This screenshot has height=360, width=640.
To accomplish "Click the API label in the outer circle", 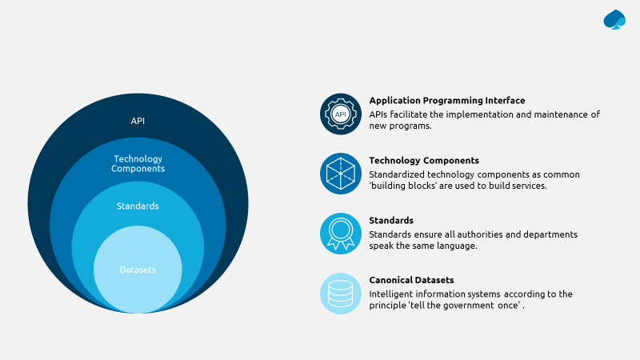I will tap(138, 121).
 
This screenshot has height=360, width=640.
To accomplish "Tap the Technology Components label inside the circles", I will tap(138, 164).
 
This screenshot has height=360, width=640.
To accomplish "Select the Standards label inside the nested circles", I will tap(138, 206).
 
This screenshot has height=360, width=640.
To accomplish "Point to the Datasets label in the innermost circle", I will tap(138, 270).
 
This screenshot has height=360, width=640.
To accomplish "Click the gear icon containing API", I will tap(341, 114).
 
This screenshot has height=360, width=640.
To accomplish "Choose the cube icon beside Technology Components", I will tap(341, 173).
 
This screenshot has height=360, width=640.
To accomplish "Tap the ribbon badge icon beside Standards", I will tap(341, 233).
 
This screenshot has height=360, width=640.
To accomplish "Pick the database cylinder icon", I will tap(341, 293).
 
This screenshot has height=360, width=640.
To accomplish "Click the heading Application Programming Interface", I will tap(447, 101).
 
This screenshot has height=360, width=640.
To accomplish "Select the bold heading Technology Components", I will tap(424, 161).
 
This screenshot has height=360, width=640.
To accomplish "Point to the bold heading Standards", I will tap(391, 220).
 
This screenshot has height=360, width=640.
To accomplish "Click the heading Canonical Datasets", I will tap(411, 280).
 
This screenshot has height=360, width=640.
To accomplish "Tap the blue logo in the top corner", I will tap(614, 19).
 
